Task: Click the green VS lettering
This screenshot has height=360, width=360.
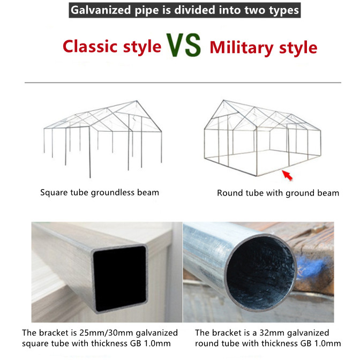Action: click(x=183, y=45)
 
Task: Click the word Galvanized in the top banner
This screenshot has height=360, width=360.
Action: click(x=101, y=10)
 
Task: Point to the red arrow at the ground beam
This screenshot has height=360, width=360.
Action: click(x=287, y=175)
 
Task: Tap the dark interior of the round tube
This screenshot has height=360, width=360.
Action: click(x=261, y=272)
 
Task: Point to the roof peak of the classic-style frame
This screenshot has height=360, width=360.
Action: click(x=137, y=101)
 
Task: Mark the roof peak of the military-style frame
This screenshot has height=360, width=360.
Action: click(x=223, y=100)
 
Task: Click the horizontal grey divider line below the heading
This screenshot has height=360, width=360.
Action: click(x=183, y=82)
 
